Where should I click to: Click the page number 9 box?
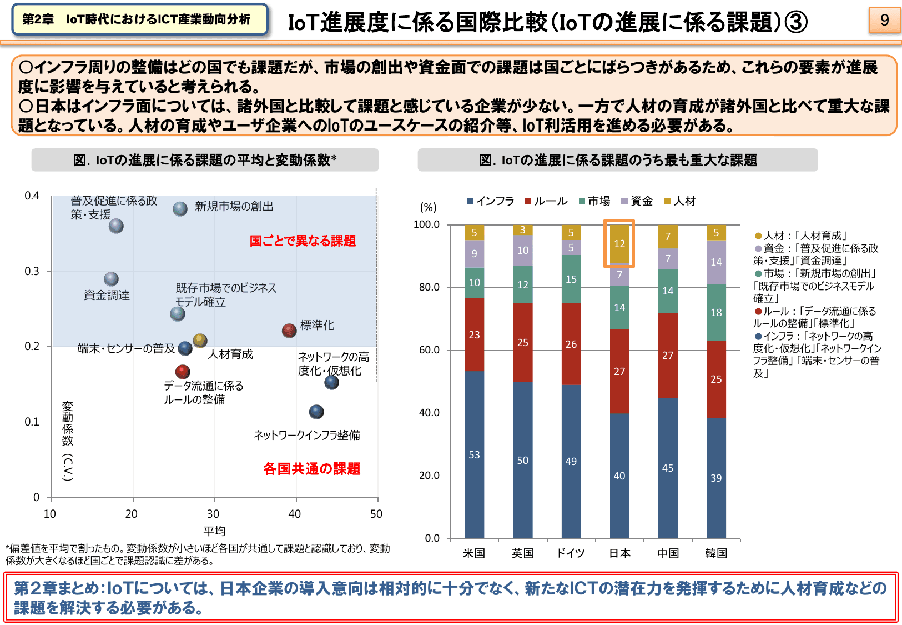884,20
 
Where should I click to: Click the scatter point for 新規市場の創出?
180,209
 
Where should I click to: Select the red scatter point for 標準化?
289,331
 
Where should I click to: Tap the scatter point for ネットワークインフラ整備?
316,412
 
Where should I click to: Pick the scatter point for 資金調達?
112,279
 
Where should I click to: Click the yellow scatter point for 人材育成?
200,340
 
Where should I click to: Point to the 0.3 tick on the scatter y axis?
32,271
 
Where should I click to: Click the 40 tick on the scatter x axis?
295,514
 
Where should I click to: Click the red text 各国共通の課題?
311,468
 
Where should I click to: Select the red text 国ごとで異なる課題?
303,241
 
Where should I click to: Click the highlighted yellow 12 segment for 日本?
619,243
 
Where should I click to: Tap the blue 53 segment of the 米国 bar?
474,454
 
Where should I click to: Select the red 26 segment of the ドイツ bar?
571,344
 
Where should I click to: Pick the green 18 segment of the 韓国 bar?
716,312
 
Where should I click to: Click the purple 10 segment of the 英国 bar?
523,250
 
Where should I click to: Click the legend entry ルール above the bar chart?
546,201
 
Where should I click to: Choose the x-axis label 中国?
668,553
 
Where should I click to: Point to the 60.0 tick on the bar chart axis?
429,350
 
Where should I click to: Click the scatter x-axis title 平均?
214,531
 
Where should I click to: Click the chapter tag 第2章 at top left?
38,19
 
